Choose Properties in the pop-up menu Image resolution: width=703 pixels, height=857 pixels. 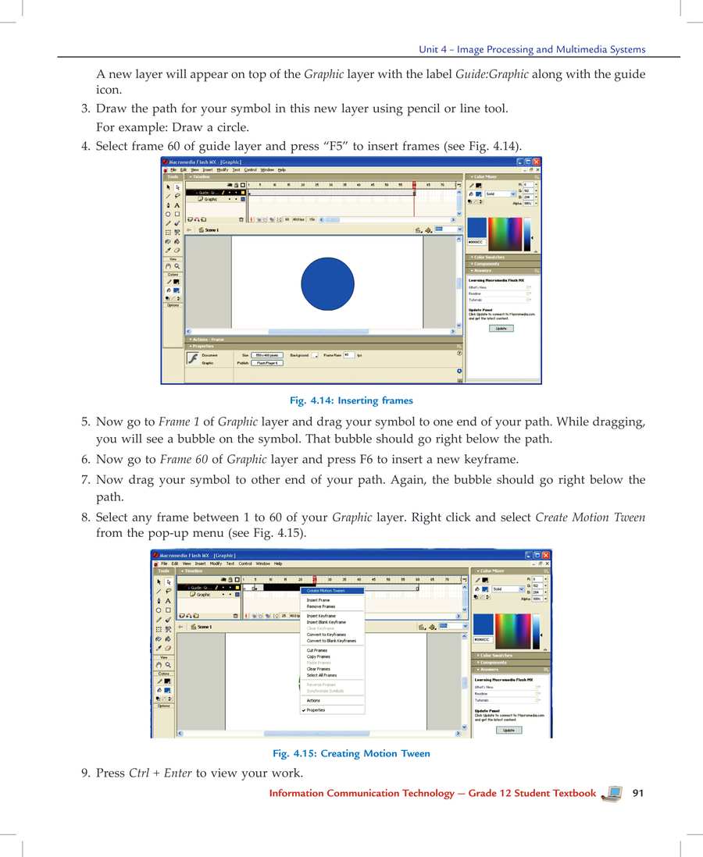click(x=316, y=710)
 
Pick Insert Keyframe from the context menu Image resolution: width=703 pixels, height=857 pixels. click(x=321, y=616)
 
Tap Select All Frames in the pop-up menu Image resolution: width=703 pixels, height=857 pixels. click(x=321, y=675)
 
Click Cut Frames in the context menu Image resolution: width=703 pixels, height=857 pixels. click(x=317, y=650)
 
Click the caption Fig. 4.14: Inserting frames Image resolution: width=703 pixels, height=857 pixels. click(x=351, y=400)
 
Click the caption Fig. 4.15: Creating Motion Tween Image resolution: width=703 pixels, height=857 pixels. click(x=351, y=753)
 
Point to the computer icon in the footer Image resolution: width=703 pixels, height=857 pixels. click(x=613, y=793)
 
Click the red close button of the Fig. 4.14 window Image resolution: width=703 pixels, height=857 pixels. click(x=536, y=162)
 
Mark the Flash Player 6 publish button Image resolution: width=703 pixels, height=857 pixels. click(x=268, y=363)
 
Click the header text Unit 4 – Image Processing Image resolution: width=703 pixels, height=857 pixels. click(x=532, y=49)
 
